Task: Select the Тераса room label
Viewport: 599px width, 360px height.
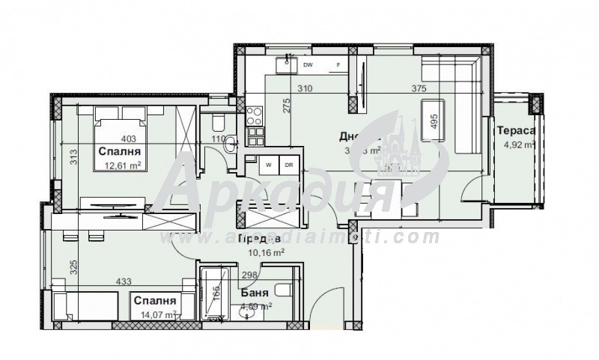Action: pyautogui.click(x=516, y=131)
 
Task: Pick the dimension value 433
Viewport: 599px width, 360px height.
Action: pyautogui.click(x=124, y=282)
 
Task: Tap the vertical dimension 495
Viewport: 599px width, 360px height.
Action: pyautogui.click(x=433, y=121)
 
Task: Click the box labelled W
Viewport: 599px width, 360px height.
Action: pyautogui.click(x=267, y=163)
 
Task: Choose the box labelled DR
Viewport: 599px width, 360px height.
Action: pyautogui.click(x=288, y=163)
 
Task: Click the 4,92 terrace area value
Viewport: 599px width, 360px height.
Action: pyautogui.click(x=517, y=145)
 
